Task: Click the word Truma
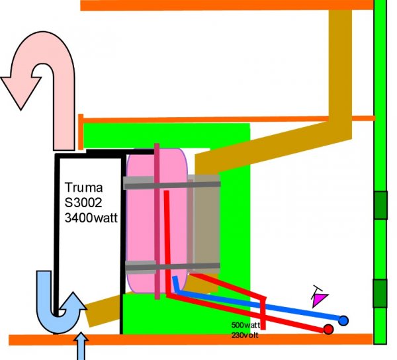(83, 187)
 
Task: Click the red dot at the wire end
(328, 330)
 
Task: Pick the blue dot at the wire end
(343, 321)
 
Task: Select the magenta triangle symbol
(320, 300)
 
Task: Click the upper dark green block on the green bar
(380, 205)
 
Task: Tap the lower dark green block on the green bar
(380, 293)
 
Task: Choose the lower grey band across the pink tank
(172, 267)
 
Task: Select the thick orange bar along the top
(225, 5)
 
